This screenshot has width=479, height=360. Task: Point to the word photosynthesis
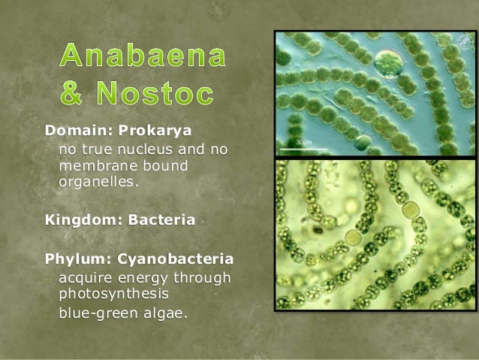tap(113, 292)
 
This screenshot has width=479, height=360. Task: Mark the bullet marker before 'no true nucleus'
tap(48, 150)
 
